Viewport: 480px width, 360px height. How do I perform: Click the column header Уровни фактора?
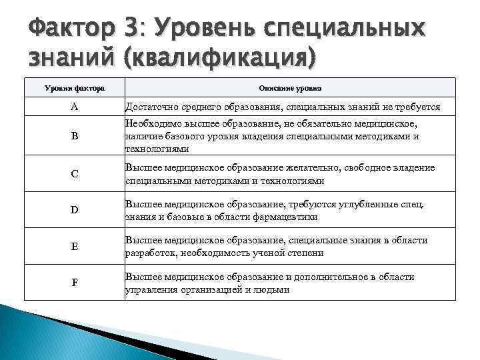coord(74,87)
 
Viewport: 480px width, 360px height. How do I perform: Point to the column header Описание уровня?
coord(289,87)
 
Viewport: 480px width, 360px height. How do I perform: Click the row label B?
coord(74,136)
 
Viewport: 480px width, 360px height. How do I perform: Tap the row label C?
coord(74,173)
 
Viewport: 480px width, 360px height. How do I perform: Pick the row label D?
coord(74,210)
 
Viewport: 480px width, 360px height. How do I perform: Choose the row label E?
coord(74,246)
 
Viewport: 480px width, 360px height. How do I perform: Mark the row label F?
coord(74,282)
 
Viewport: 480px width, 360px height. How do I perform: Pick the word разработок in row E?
coord(151,253)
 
